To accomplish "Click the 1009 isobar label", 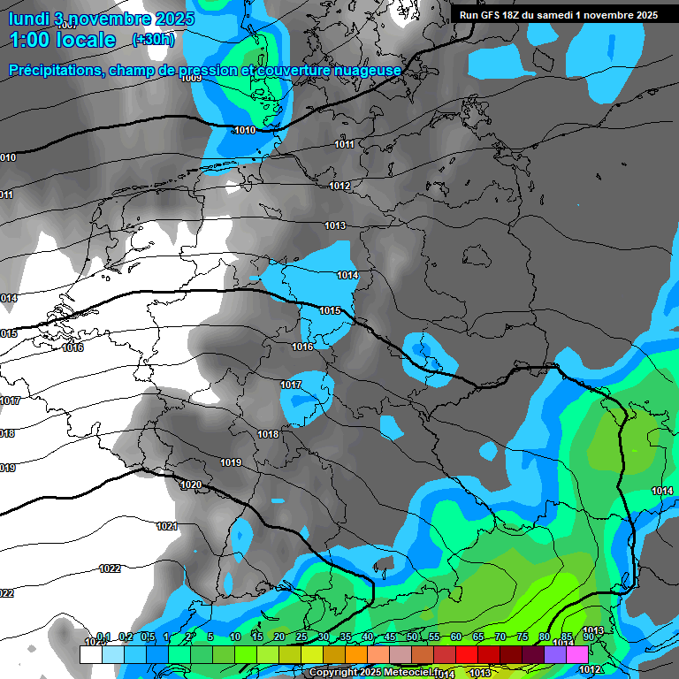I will point(191,78).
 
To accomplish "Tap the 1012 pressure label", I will point(339,186).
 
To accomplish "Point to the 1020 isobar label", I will point(191,484).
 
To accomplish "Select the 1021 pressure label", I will point(166,526).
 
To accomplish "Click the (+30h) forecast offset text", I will point(153,40).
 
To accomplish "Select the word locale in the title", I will point(88,40).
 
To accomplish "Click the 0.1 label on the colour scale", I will point(103,637).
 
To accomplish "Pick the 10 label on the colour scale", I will point(235,637).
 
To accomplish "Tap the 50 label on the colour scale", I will point(412,637).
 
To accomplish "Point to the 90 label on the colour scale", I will point(589,637).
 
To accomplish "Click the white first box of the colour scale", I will point(91,654).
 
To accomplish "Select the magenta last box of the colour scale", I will point(577,654).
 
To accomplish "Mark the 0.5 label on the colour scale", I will point(148,637).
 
